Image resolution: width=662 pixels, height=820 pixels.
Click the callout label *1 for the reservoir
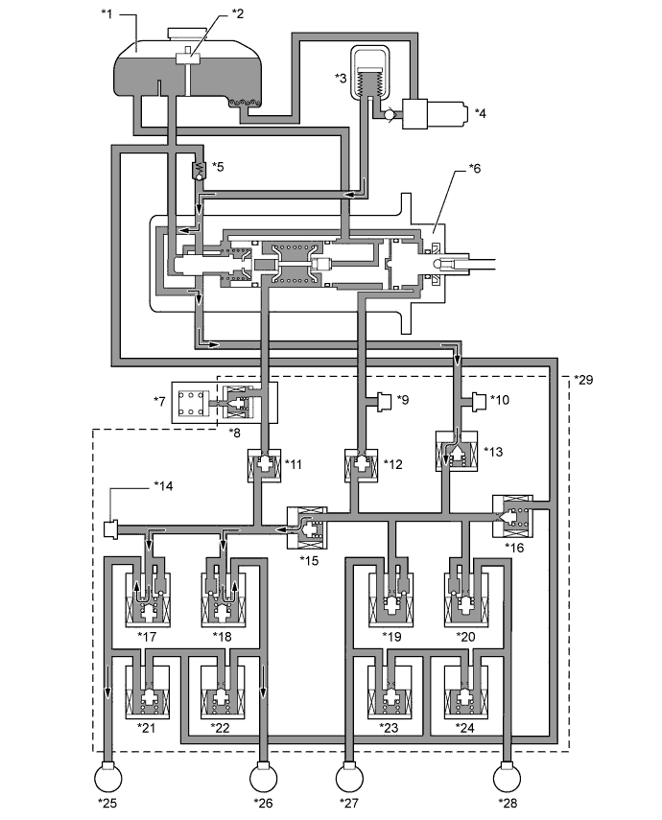(106, 13)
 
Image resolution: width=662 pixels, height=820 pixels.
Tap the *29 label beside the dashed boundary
(583, 380)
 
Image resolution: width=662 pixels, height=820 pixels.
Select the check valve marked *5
(199, 170)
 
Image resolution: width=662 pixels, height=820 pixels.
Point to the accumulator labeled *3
(370, 72)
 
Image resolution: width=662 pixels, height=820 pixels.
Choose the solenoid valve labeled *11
(264, 464)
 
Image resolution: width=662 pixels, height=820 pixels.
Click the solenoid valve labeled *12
(362, 464)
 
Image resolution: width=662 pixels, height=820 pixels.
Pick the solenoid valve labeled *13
(457, 451)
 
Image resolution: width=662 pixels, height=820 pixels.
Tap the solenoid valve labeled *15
(307, 527)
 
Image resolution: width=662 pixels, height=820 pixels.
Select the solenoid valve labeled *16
(513, 516)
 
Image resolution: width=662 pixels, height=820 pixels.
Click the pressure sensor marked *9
(385, 402)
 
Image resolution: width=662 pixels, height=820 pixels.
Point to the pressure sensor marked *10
(480, 402)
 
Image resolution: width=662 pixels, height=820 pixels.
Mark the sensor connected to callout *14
(111, 528)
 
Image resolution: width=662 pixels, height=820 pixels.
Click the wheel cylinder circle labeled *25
(107, 778)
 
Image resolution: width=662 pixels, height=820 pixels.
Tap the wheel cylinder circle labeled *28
(507, 778)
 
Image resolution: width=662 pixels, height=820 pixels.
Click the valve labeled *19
(390, 599)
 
